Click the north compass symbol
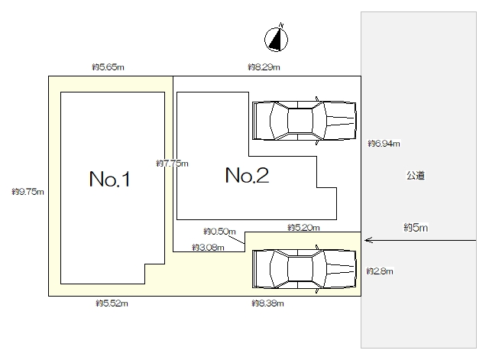tap(276, 39)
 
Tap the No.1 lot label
tap(109, 179)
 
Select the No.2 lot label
tap(247, 175)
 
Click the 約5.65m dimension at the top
tap(108, 67)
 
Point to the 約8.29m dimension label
tap(264, 67)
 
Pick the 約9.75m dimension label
tap(28, 192)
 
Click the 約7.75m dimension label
tap(172, 163)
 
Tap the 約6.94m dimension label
tap(384, 144)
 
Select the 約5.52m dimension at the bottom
tap(112, 303)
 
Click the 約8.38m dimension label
tap(268, 303)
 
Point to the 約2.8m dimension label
tap(380, 271)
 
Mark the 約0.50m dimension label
tap(219, 232)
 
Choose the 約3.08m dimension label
tap(208, 248)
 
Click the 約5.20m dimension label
tap(303, 228)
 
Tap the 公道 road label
tap(416, 176)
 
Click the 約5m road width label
tap(416, 228)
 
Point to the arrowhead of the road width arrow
tap(366, 240)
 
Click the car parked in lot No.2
tap(304, 121)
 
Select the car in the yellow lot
tap(304, 268)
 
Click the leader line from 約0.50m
tap(236, 239)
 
